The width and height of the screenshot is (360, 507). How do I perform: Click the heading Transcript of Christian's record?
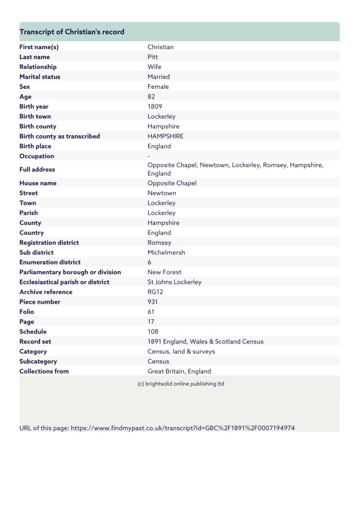[x=72, y=32]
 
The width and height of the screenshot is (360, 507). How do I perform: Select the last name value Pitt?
[x=153, y=57]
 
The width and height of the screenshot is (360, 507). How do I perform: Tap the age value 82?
[x=152, y=97]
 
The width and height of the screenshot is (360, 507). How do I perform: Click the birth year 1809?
[x=154, y=107]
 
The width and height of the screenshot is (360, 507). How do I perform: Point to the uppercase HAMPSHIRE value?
[x=165, y=136]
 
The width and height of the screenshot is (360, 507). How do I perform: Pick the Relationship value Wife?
[x=154, y=67]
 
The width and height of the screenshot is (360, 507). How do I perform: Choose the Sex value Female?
[x=158, y=87]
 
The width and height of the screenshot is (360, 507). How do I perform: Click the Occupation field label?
[x=37, y=156]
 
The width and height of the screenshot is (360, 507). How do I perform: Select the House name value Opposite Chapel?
[x=172, y=183]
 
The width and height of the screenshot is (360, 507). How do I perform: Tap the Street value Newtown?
[x=161, y=193]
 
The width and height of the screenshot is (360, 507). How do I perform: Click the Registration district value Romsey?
[x=159, y=242]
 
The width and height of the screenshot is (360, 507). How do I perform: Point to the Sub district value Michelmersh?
[x=166, y=252]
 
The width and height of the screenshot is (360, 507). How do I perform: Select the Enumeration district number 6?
[x=150, y=262]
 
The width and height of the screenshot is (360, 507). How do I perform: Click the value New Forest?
[x=164, y=272]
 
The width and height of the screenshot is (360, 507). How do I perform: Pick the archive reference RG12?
[x=155, y=292]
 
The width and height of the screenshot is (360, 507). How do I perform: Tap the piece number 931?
[x=153, y=302]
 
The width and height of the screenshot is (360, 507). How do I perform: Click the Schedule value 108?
[x=153, y=332]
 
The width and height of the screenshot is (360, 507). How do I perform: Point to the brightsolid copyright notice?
[x=180, y=384]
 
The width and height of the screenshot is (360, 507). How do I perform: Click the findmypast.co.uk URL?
[x=183, y=428]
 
